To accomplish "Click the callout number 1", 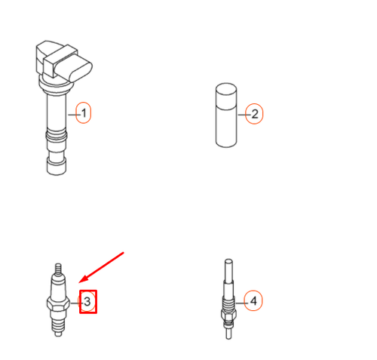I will point(84,114).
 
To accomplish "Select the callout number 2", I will point(254,115).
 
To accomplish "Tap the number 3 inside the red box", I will point(89,303).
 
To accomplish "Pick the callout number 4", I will point(254,301).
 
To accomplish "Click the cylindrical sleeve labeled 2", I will point(225,117).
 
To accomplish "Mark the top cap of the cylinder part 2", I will point(225,88).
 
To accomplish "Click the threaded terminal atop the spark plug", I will point(57,268).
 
